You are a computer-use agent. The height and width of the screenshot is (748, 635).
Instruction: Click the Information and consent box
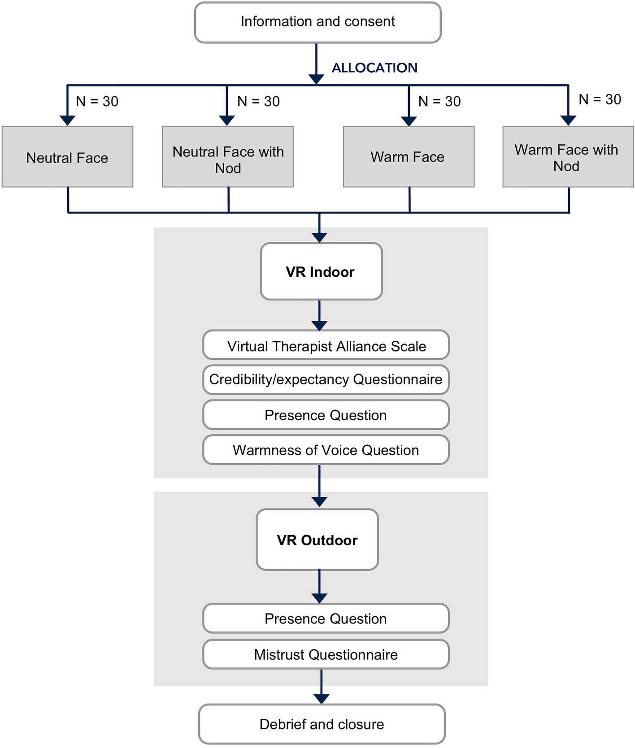coord(317,22)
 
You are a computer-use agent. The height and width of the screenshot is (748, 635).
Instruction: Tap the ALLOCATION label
coord(374,68)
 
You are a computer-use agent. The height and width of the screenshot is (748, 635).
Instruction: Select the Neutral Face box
coord(67,157)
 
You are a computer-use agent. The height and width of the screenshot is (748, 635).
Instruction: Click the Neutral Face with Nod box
coord(228,157)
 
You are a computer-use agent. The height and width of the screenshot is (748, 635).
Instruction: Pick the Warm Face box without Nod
coord(409,157)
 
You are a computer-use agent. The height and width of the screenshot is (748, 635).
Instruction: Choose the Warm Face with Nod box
coord(568,157)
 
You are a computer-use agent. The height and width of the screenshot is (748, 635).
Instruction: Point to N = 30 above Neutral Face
coord(97,101)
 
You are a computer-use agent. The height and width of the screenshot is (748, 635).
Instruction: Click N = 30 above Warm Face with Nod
coord(600,99)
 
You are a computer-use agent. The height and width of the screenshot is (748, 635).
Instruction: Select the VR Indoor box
coord(321,271)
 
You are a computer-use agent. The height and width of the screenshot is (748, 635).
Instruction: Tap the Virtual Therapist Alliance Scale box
coord(326,346)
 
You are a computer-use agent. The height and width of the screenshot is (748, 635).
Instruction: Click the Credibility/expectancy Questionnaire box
coord(326,379)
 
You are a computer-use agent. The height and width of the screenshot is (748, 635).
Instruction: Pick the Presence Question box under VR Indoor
coord(326,415)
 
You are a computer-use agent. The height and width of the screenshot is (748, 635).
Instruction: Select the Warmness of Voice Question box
coord(326,450)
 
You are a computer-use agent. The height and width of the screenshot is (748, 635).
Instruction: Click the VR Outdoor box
coord(317,539)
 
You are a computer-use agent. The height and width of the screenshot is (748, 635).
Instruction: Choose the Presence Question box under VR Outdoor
coord(326,618)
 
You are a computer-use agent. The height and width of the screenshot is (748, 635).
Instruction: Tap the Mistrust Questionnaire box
coord(326,654)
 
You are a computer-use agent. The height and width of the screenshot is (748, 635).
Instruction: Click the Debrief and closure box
coord(322,724)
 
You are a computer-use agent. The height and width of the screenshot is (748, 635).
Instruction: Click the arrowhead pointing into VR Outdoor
coord(319,502)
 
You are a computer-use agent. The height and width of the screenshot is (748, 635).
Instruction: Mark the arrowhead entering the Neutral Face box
coord(67,120)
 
